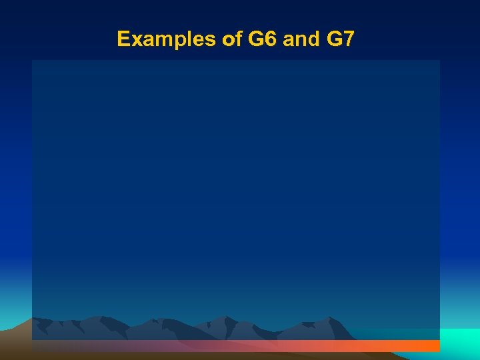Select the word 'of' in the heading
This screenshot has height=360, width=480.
(x=231, y=39)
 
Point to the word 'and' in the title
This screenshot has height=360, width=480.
(x=301, y=39)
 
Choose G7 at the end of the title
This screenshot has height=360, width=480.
(x=340, y=39)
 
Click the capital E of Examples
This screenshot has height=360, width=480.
(x=123, y=39)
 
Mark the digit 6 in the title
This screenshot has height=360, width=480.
(x=270, y=39)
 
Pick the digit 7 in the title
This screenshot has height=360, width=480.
(x=348, y=39)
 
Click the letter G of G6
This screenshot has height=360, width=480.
(x=256, y=39)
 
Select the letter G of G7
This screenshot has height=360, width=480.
(x=333, y=39)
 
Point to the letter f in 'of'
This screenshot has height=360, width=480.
(x=237, y=39)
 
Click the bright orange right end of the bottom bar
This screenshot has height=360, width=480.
(x=427, y=346)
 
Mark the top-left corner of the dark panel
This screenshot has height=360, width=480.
(x=33, y=61)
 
